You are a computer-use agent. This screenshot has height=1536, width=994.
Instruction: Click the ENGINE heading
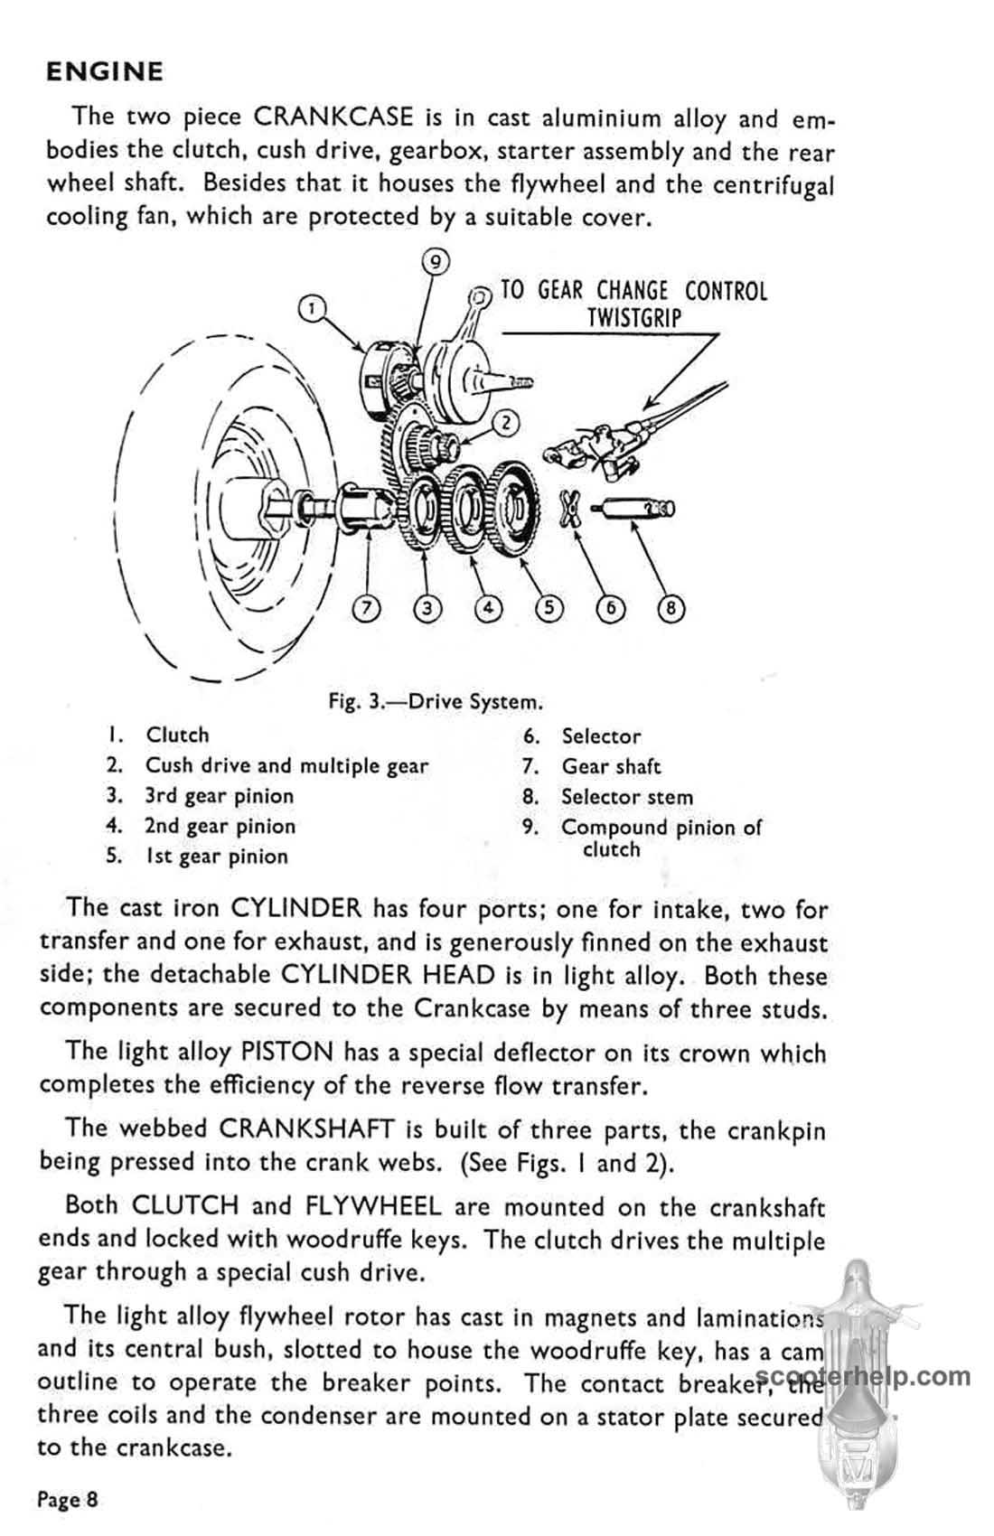tap(104, 72)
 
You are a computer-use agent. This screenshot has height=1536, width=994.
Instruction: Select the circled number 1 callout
tap(312, 308)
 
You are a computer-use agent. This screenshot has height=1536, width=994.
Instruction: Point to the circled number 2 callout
tap(506, 423)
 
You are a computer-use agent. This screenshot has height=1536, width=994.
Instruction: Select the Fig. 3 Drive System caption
tap(436, 702)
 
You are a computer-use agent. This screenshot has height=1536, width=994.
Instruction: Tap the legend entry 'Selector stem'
tap(627, 797)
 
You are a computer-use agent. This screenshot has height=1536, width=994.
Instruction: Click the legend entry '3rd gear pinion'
tap(219, 796)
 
